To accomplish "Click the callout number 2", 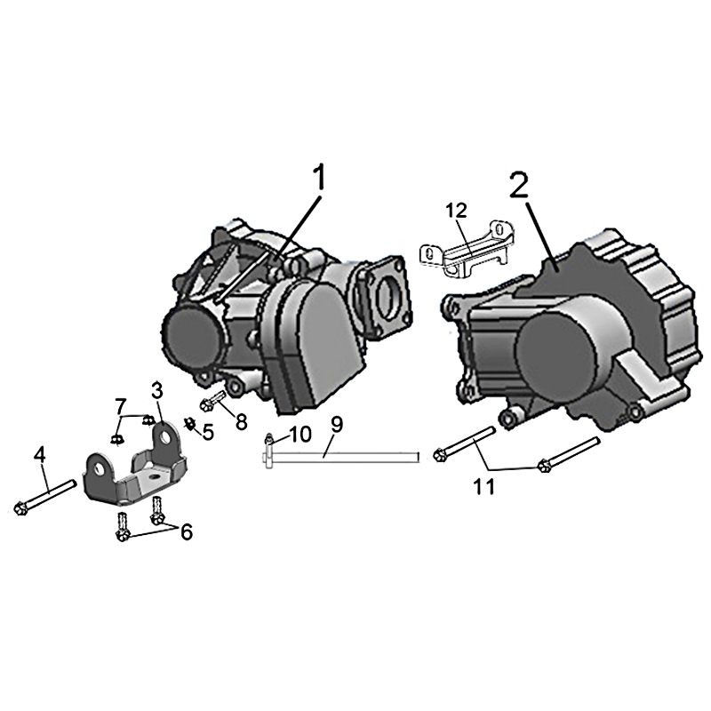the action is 519,185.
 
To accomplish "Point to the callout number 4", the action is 40,455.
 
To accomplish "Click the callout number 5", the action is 208,433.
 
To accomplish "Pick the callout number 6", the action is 187,531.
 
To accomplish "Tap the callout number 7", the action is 120,406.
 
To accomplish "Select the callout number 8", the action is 241,422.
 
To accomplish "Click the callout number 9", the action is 337,425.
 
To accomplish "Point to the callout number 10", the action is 300,434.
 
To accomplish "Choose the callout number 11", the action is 483,487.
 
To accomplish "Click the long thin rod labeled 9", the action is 341,457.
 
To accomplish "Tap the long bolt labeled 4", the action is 45,498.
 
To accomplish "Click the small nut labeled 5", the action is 189,424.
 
